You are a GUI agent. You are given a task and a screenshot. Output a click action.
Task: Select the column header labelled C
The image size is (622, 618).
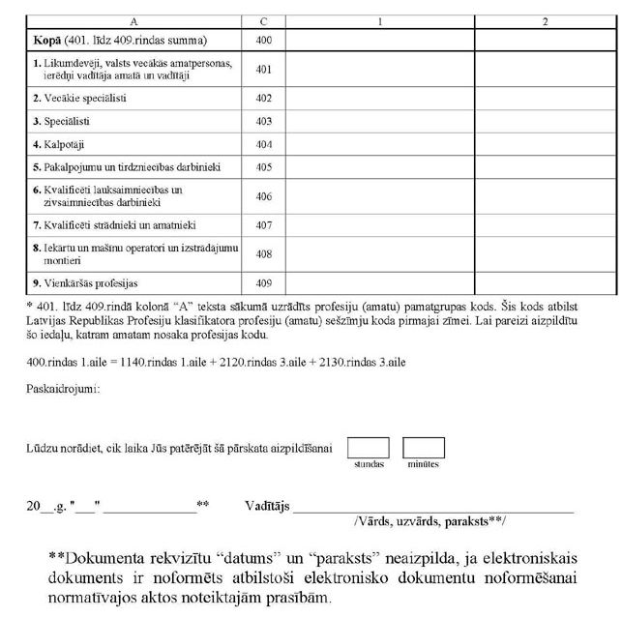tap(263, 20)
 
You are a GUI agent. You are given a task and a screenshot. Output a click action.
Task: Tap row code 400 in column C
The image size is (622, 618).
tap(263, 41)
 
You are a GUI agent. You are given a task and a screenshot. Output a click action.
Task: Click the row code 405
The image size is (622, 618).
tap(263, 167)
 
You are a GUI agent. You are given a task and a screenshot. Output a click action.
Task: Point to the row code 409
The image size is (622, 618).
tap(263, 283)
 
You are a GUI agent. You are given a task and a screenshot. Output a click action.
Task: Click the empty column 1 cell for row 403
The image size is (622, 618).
tap(380, 121)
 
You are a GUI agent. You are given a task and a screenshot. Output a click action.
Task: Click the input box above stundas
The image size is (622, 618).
tap(368, 447)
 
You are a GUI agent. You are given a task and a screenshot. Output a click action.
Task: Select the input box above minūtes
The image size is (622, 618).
tap(423, 447)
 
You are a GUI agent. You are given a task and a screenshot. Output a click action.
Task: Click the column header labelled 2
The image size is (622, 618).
tap(545, 20)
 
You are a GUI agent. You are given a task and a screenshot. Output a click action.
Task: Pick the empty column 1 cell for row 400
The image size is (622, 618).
tap(380, 41)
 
